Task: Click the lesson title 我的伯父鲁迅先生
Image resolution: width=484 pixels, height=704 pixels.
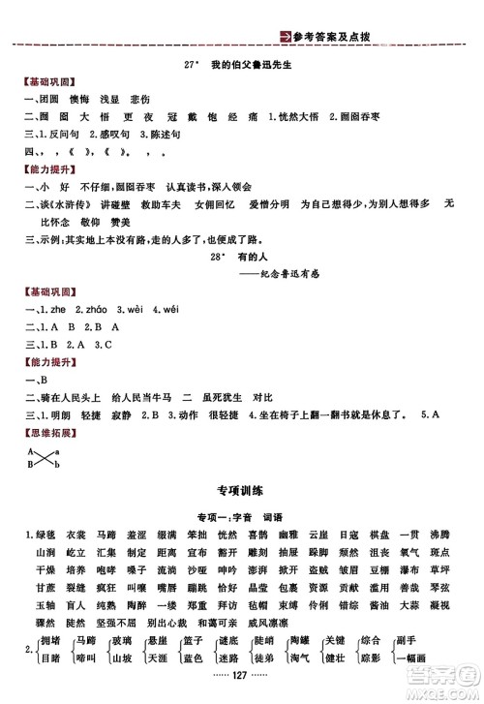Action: click(x=253, y=64)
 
